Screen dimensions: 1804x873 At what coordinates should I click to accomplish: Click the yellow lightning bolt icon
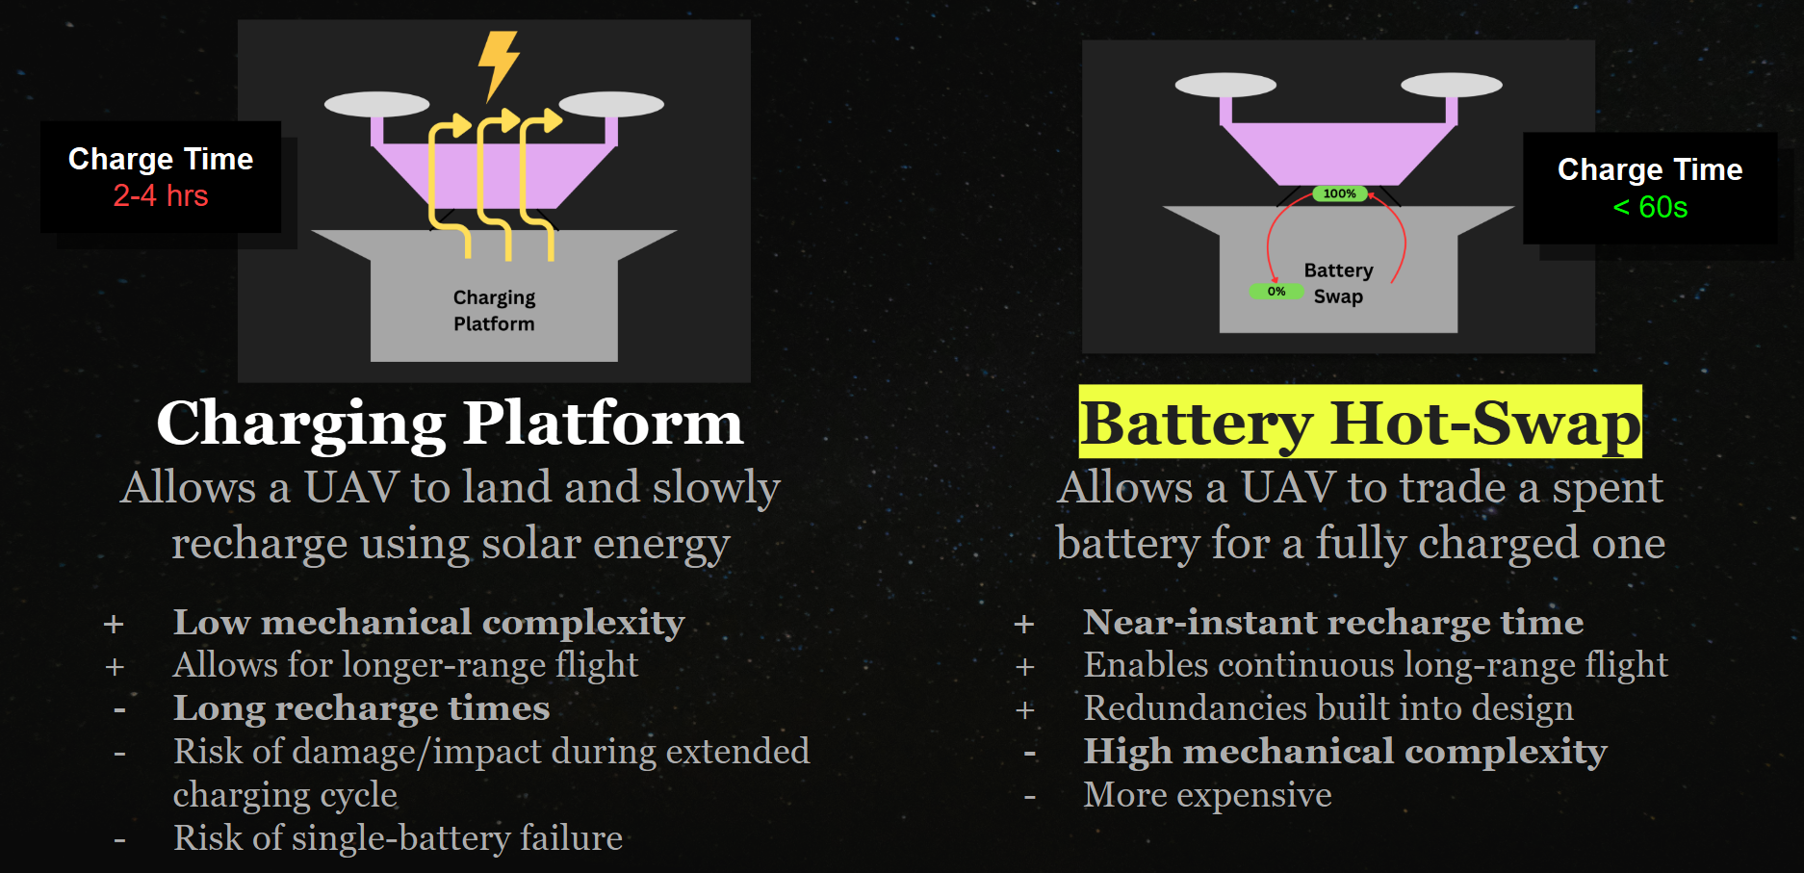point(499,64)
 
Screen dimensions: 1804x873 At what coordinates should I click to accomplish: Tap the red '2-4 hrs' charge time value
point(161,196)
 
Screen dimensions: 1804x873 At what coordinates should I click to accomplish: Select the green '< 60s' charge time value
point(1650,207)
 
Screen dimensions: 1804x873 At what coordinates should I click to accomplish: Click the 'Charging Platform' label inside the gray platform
point(494,310)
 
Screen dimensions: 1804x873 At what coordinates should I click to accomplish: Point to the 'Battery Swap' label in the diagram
point(1338,283)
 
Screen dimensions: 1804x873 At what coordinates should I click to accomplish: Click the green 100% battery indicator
point(1339,193)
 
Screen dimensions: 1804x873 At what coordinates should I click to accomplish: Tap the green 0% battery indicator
point(1276,292)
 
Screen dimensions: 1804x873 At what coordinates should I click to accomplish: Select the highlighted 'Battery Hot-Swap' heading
point(1360,423)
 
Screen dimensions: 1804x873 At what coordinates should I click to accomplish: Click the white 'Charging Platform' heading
point(451,423)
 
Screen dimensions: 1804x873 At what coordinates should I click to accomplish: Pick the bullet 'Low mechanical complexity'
point(429,623)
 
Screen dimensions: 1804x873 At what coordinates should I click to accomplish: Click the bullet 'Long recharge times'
point(361,708)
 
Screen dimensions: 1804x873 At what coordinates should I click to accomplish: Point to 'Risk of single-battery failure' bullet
point(398,838)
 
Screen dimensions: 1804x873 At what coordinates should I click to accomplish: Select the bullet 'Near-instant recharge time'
point(1333,623)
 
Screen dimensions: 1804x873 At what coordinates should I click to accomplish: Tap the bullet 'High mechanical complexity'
point(1346,752)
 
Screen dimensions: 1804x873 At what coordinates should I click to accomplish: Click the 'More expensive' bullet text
point(1208,795)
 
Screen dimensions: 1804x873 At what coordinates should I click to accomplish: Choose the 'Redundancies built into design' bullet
point(1328,708)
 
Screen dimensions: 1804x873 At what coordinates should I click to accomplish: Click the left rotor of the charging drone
point(377,104)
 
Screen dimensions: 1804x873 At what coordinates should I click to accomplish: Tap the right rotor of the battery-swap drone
point(1452,85)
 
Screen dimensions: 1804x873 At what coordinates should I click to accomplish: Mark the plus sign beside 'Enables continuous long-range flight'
point(1025,667)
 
